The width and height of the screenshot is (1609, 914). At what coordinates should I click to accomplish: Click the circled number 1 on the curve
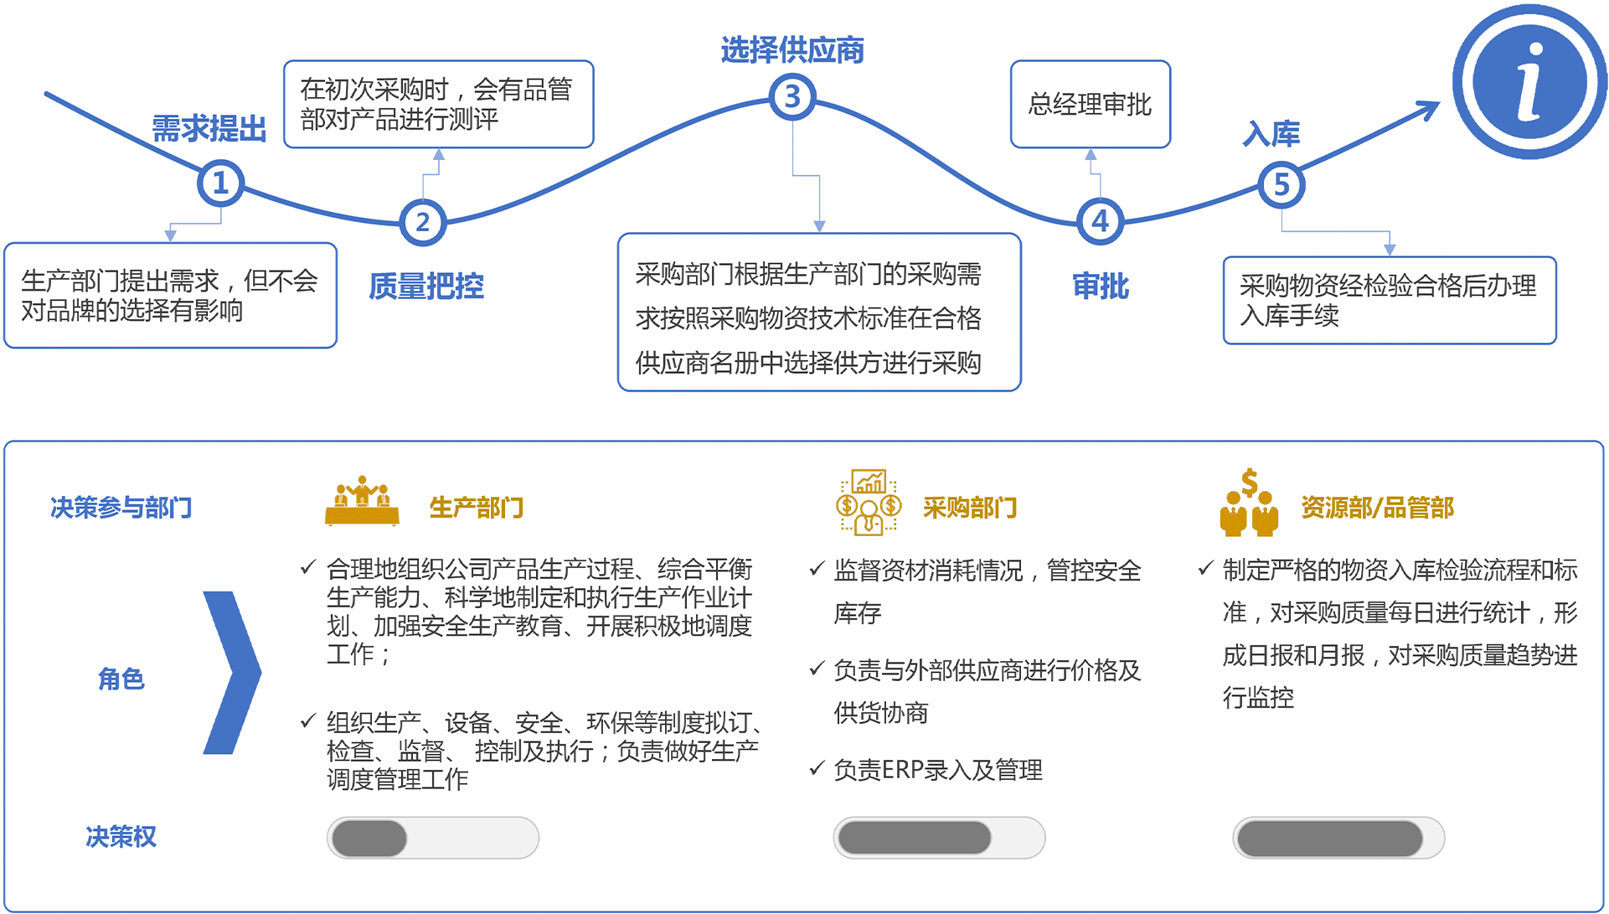(220, 183)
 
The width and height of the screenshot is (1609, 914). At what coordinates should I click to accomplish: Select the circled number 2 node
(422, 222)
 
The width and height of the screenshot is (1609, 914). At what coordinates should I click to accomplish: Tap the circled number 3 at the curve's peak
(792, 97)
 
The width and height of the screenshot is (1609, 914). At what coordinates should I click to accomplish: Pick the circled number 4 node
(1100, 221)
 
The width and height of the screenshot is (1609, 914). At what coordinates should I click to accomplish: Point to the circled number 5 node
(1281, 184)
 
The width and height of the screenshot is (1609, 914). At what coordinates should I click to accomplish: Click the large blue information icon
(1529, 82)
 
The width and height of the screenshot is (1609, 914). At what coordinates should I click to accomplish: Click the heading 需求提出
(209, 129)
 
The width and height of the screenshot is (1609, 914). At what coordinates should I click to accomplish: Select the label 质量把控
(426, 287)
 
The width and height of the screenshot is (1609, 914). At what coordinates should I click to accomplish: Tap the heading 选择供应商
(792, 50)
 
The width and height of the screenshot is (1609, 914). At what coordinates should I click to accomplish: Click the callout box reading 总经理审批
(1090, 105)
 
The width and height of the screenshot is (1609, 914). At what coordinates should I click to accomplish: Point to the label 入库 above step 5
(1271, 134)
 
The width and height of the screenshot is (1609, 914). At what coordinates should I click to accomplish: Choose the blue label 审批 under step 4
(1101, 287)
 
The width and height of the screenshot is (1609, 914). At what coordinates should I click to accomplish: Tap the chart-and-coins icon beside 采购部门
(869, 502)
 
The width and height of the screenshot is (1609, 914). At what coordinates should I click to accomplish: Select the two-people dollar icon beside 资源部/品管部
(1249, 503)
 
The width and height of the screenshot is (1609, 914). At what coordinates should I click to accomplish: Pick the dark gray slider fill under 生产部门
(369, 838)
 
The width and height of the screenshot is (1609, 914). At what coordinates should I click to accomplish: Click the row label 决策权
(121, 837)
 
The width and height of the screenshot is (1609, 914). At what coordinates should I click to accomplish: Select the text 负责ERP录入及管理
(938, 770)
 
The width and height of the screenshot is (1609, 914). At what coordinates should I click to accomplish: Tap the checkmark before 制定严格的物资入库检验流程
(1205, 569)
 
